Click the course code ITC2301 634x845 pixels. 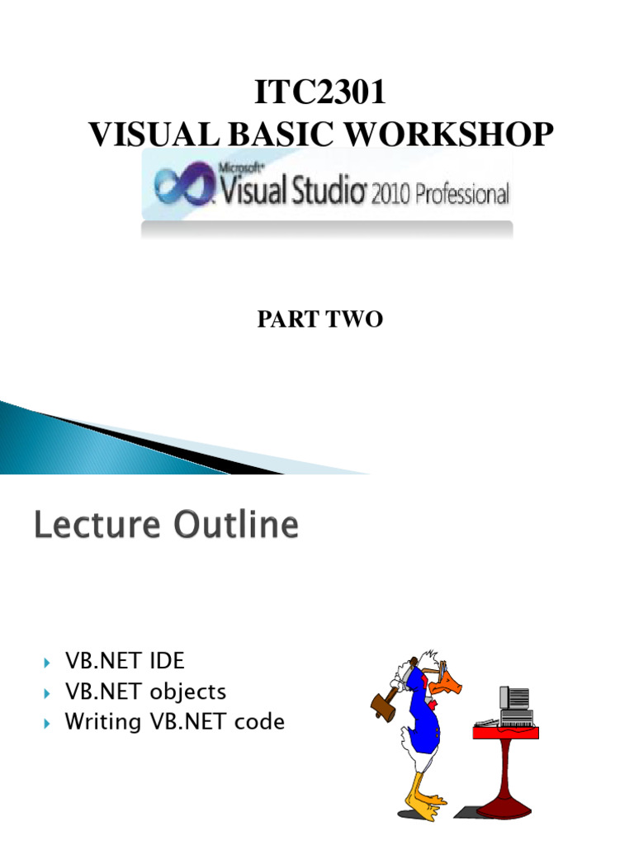319,93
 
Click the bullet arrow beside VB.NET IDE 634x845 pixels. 46,662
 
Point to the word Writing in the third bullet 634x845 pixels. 103,721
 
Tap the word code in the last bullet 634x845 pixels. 259,721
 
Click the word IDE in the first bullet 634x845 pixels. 168,660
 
